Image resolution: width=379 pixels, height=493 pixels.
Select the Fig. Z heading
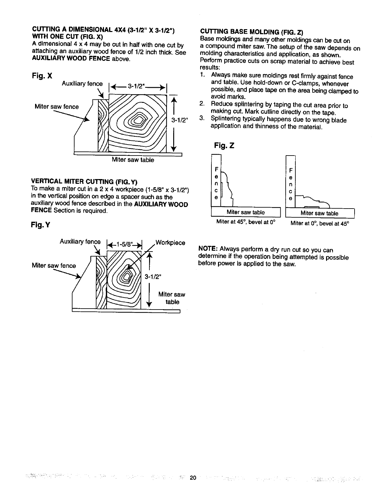click(x=224, y=146)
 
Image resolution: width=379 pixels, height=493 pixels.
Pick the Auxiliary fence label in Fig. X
click(x=82, y=83)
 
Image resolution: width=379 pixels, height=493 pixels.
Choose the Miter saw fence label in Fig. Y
click(x=54, y=266)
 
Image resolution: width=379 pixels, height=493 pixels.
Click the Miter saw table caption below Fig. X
click(x=133, y=160)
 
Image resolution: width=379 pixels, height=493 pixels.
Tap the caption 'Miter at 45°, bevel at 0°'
click(x=246, y=222)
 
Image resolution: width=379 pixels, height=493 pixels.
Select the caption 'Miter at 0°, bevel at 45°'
click(x=319, y=224)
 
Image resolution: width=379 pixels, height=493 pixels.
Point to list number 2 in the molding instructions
click(x=202, y=104)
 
